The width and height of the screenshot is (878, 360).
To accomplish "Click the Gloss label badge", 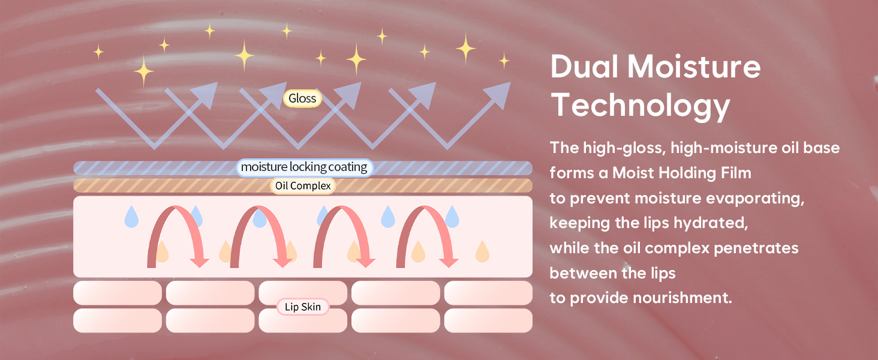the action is click(302, 98).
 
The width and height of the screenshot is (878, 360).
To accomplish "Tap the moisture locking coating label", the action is click(304, 167).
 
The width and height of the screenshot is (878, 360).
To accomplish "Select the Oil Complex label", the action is click(303, 186).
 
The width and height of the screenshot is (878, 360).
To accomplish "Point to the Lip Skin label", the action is click(303, 307).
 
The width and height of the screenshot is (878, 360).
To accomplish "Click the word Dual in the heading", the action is click(584, 67).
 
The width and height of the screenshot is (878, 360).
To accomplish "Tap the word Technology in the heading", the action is click(641, 106).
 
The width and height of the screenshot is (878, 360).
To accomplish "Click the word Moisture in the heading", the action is click(694, 67).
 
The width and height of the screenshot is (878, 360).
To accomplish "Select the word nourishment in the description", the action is click(682, 298).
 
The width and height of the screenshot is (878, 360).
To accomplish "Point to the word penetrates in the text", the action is click(756, 248).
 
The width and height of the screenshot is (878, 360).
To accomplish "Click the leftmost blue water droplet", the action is click(131, 217).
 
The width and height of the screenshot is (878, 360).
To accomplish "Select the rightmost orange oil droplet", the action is click(482, 252).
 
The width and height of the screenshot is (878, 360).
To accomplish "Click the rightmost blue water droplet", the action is click(452, 217).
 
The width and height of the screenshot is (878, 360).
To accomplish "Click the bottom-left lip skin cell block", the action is click(118, 320).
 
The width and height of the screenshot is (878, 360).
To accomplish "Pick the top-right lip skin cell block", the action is click(488, 293).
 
